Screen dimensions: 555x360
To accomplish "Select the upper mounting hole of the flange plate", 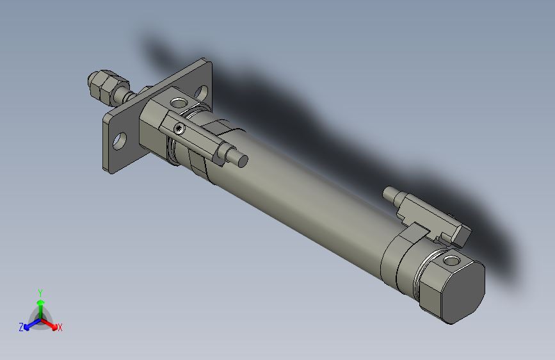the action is pos(201,92).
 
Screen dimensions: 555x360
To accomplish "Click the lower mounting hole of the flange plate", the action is pos(120,141).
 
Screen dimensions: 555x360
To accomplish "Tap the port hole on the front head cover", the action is pos(179,103).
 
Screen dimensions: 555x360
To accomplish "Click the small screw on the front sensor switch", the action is pos(180,128).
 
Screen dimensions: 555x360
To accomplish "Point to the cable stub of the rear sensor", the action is pos(391,193).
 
